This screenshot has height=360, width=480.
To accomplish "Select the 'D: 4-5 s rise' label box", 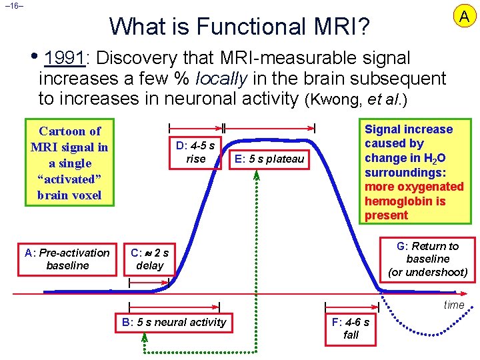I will (196, 152).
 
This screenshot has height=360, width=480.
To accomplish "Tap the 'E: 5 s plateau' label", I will (269, 159).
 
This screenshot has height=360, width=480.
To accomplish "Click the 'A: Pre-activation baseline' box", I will (67, 259).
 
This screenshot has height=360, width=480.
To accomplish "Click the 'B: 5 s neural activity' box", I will (175, 323).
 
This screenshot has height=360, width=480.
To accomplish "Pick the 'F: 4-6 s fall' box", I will (351, 329).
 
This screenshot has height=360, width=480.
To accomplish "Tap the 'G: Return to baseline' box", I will (428, 259).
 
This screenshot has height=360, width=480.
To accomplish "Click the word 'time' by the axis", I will (454, 305).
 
